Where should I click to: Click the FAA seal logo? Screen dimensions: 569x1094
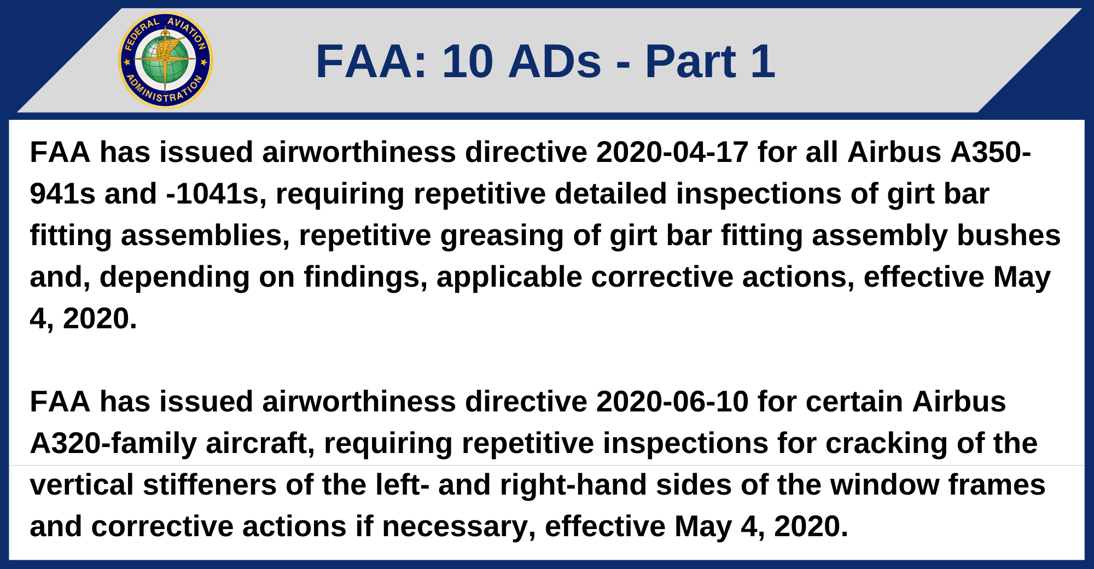[x=165, y=60]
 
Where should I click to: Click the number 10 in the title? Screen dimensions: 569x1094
[x=468, y=61]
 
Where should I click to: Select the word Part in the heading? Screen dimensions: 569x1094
[x=690, y=61]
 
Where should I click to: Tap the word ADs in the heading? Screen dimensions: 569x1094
[x=555, y=61]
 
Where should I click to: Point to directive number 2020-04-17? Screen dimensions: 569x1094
[x=672, y=152]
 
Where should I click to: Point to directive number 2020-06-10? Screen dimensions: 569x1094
[x=672, y=402]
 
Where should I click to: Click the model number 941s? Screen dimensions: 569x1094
[x=62, y=194]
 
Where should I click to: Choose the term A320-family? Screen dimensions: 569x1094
[x=113, y=443]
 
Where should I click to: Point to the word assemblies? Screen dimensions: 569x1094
[x=205, y=236]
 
